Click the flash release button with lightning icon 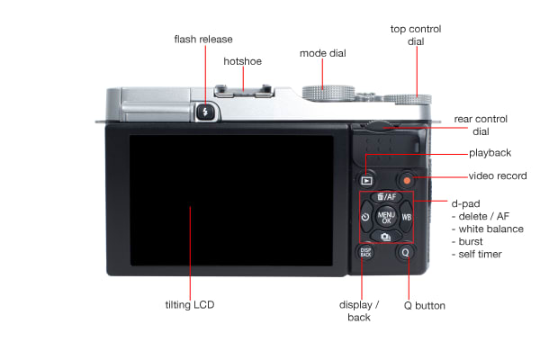tap(205, 112)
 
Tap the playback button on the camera tap(366, 181)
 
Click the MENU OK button tap(386, 217)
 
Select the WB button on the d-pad tap(407, 217)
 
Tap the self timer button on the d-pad tap(366, 217)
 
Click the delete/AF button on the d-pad tap(386, 197)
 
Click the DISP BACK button tap(365, 252)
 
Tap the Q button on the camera tap(405, 253)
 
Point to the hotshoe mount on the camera tap(244, 91)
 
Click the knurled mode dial tap(328, 93)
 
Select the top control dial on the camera tap(407, 99)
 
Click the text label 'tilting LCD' tap(190, 305)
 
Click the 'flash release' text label tap(203, 40)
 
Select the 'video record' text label tap(498, 176)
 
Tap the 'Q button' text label tap(424, 306)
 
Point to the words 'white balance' tap(491, 229)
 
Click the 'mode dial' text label tap(323, 53)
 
